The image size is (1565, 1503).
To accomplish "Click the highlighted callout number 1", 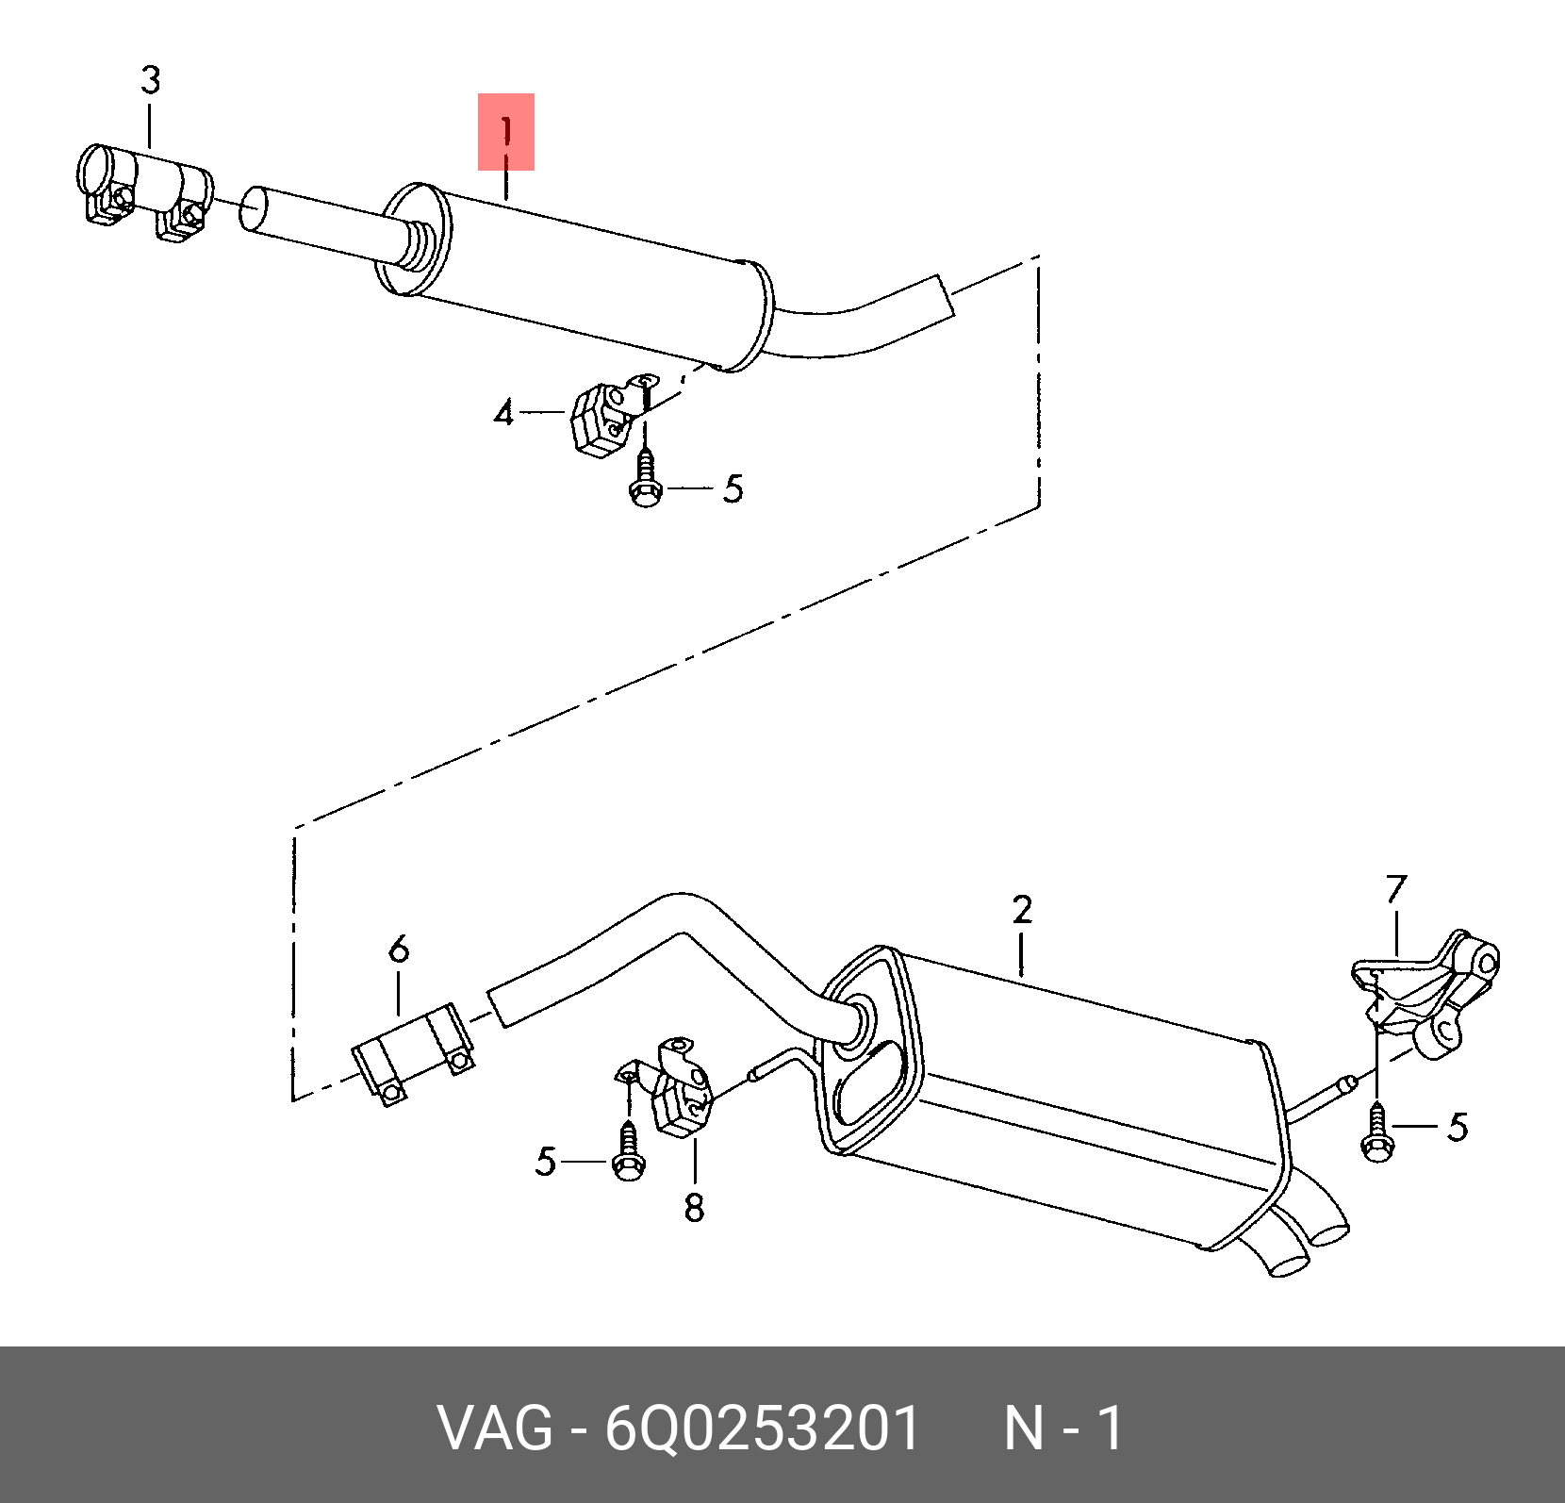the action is (506, 131).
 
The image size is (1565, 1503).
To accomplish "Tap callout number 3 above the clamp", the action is (151, 80).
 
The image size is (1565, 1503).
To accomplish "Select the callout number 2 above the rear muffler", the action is (1023, 910).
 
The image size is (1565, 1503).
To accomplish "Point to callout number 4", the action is (504, 412).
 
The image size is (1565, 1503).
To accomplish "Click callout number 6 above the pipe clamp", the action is (399, 948).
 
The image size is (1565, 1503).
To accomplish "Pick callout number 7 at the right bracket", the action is (1397, 888).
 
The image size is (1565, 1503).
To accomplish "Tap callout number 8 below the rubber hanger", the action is (695, 1208).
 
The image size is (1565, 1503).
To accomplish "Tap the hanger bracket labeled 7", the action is (1425, 994).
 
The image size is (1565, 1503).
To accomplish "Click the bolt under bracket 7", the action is (1377, 1131).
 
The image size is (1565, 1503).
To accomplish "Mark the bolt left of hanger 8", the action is (628, 1150).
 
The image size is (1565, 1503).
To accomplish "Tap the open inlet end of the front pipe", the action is (254, 209).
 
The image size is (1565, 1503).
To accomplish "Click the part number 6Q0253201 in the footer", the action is (762, 1428).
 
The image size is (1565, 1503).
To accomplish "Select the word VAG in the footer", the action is (495, 1428).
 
